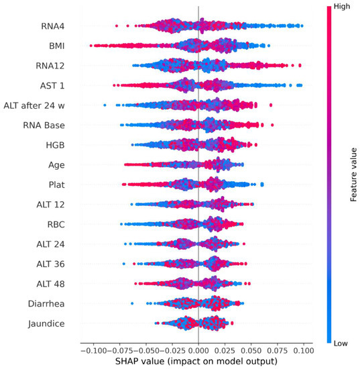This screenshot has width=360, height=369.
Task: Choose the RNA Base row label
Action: coord(46,125)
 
